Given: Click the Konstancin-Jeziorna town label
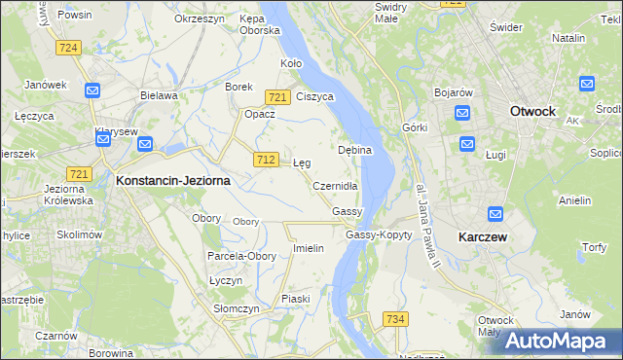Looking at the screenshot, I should coord(171,180).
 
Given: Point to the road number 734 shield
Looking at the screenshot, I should coord(394,319).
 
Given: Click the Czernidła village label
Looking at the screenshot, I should coord(337,186).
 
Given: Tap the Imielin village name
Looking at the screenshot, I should coord(308,248).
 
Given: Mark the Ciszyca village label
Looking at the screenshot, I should coord(314,96).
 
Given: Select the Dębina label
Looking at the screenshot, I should coord(353,151).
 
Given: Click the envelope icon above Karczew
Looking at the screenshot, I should coord(495,214).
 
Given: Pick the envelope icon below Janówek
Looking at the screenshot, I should coord(92,90).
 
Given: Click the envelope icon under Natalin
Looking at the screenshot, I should coord(586,84).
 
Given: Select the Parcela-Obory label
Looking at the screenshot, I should coord(241,256).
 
